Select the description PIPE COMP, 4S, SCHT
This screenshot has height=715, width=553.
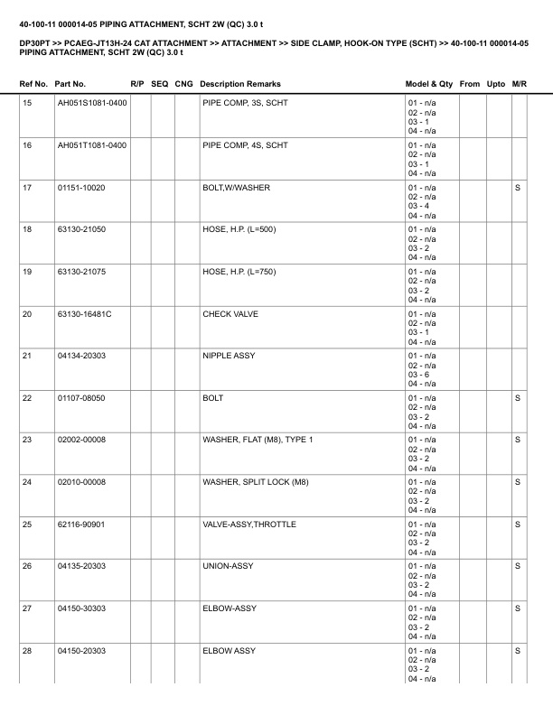tap(245, 145)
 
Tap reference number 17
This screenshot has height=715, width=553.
tap(27, 188)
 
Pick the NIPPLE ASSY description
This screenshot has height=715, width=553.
tap(229, 356)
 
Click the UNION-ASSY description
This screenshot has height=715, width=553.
tap(228, 567)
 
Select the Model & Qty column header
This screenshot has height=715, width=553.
tap(429, 84)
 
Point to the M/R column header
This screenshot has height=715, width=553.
tap(519, 84)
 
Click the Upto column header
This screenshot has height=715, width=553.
tap(496, 84)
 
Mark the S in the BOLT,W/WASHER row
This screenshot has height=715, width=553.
tap(518, 188)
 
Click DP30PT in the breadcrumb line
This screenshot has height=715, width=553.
tap(33, 42)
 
